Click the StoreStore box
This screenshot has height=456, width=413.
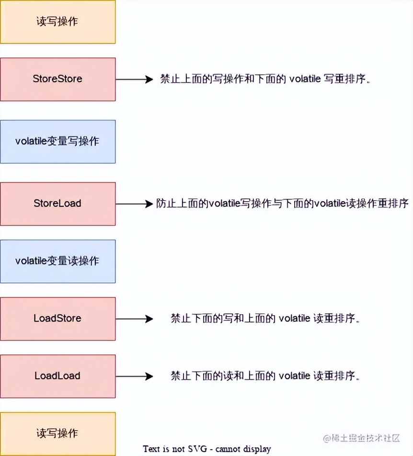[x=57, y=79]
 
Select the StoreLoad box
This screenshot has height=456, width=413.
[x=57, y=204]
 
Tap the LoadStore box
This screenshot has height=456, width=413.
[x=57, y=319]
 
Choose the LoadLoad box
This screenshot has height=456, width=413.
[x=57, y=376]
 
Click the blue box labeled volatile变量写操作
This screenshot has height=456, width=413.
[x=57, y=141]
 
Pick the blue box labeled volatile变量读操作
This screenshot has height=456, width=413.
[x=57, y=261]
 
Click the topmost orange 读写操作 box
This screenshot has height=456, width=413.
[x=57, y=22]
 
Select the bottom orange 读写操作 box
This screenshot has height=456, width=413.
[x=57, y=433]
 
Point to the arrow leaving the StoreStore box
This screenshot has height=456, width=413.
[x=134, y=80]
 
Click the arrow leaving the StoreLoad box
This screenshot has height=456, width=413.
[x=134, y=204]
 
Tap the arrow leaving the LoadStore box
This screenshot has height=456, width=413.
[x=134, y=319]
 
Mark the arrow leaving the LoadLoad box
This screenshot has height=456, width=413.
[x=134, y=376]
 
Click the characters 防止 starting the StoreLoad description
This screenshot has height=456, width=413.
[x=166, y=204]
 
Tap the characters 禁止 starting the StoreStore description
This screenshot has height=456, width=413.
[x=170, y=80]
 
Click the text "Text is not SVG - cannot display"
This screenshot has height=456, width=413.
[x=207, y=449]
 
